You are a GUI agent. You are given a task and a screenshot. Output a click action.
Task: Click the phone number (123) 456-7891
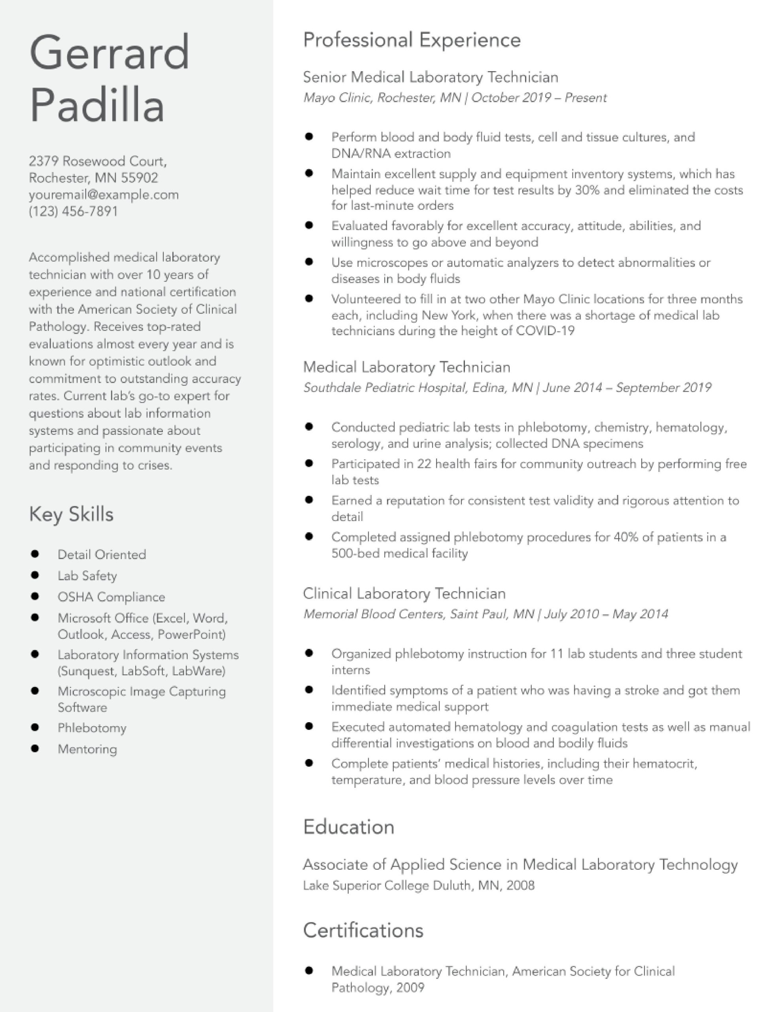click(73, 211)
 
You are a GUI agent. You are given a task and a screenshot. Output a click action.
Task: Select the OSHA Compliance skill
click(111, 597)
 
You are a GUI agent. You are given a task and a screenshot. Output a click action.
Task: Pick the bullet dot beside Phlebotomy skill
click(35, 727)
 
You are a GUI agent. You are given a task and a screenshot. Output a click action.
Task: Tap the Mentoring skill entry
click(87, 749)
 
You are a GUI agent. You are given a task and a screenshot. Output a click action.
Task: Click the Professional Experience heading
click(412, 40)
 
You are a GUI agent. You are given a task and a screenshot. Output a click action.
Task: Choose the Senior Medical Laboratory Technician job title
click(431, 77)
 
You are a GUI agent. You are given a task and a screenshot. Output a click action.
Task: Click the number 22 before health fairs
click(424, 464)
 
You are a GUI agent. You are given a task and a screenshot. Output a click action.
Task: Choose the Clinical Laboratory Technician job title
click(404, 594)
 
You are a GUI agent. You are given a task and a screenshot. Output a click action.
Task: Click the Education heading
click(349, 827)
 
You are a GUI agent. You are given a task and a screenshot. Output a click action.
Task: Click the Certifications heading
click(363, 931)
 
